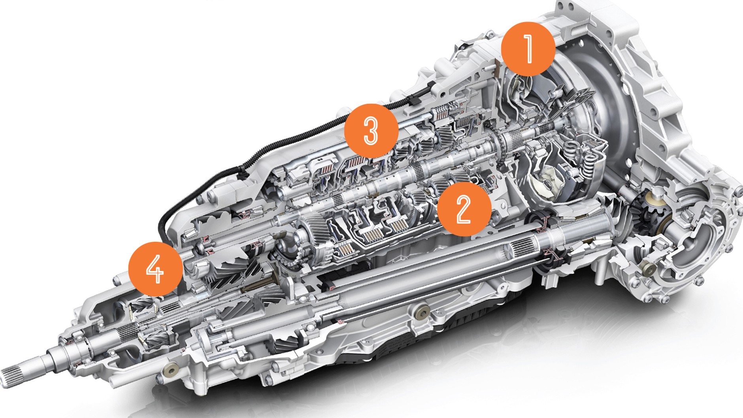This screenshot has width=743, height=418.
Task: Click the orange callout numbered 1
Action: coord(528,49)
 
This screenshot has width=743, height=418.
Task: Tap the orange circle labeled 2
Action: coord(464,209)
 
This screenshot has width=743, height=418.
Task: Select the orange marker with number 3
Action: coord(371,130)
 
